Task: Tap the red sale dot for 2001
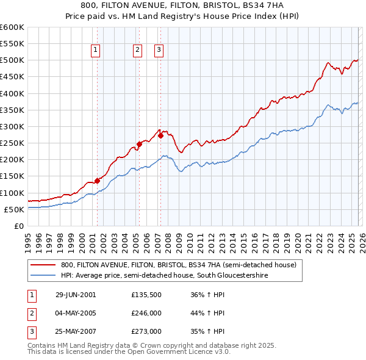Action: [x=97, y=181]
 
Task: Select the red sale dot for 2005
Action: [x=139, y=144]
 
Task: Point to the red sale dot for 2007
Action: [x=161, y=135]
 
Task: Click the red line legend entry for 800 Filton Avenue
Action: [x=178, y=265]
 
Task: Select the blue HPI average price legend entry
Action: [x=165, y=275]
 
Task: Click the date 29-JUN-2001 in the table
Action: [x=76, y=295]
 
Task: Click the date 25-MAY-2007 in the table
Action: [x=76, y=331]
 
